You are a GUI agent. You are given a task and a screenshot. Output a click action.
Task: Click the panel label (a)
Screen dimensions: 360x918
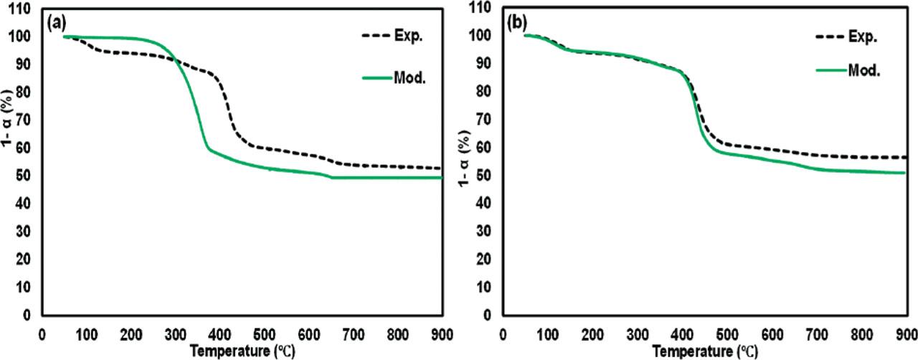point(57,22)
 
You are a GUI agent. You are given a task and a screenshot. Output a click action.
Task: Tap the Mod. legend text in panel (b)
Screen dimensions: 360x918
point(866,71)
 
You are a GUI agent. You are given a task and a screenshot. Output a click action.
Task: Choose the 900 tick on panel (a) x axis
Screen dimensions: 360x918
point(443,333)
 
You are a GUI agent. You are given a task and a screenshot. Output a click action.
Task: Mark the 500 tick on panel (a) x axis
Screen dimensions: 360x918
point(265,333)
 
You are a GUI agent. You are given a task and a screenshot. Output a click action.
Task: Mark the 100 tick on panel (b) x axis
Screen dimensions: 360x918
point(548,333)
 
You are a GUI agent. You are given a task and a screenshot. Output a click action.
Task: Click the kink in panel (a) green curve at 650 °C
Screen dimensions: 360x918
point(331,177)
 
